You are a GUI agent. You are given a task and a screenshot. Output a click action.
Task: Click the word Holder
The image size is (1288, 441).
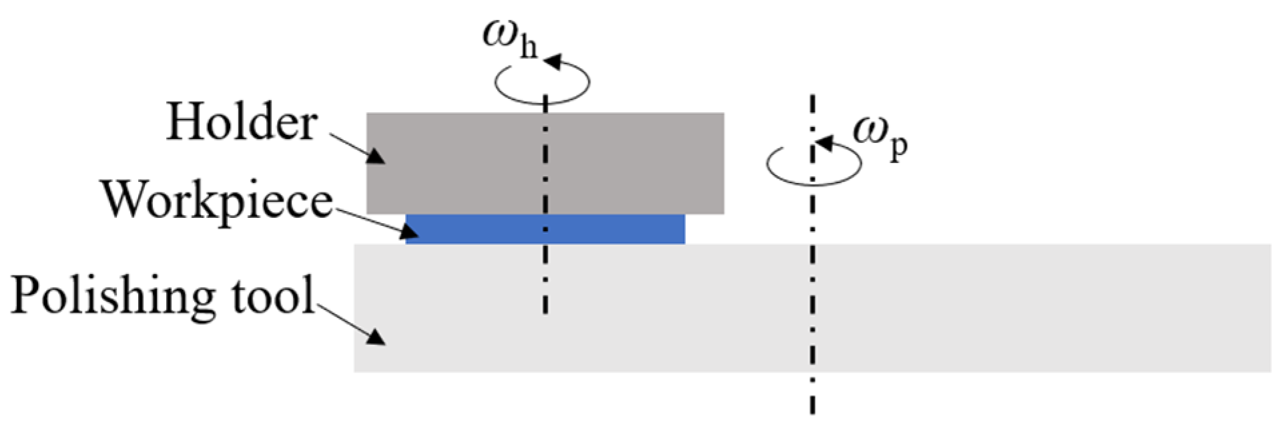click(242, 122)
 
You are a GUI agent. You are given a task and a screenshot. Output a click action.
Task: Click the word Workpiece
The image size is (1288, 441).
click(217, 200)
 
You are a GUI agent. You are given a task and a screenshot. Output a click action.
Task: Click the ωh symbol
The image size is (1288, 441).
click(509, 37)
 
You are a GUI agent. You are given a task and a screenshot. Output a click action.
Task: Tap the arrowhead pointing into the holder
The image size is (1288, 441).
click(375, 156)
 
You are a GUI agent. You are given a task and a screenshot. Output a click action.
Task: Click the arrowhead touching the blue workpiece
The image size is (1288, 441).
click(409, 231)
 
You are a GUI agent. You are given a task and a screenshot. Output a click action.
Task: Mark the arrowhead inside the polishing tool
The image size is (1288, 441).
click(375, 336)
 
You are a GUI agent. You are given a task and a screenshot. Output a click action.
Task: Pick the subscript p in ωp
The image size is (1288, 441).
click(898, 147)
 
